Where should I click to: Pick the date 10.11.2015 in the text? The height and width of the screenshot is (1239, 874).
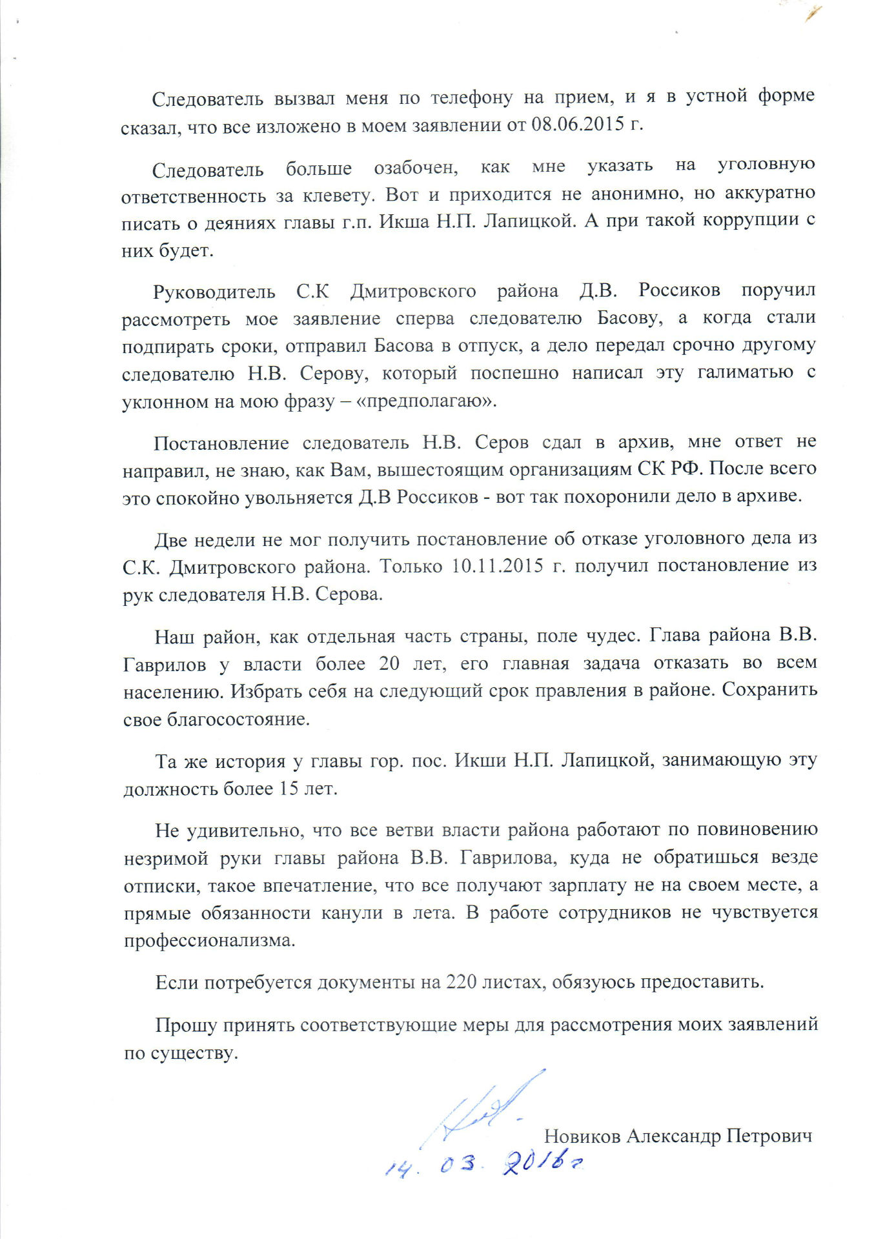point(497,566)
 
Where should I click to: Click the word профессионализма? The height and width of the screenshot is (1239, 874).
point(210,940)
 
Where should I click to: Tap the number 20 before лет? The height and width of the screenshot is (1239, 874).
point(389,663)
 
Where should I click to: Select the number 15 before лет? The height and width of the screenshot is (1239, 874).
point(289,789)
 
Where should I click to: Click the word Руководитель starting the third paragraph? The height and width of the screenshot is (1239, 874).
point(214,292)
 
